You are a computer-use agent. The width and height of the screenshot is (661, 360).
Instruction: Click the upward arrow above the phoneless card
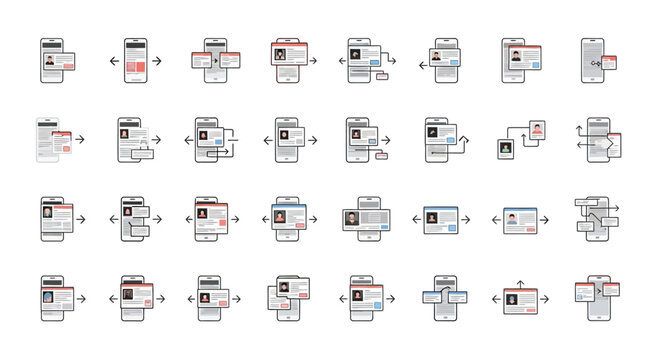(518, 285)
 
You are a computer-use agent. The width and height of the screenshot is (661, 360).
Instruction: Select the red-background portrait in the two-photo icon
(537, 130)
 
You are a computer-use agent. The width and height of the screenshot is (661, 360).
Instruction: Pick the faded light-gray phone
(47, 140)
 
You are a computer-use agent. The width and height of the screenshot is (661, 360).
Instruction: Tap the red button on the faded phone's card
(66, 148)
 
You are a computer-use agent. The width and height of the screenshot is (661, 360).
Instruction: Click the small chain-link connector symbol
(598, 62)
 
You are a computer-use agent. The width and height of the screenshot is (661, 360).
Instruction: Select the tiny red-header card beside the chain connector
(609, 62)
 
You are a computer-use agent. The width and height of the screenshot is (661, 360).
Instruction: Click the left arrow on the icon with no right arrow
(423, 65)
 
